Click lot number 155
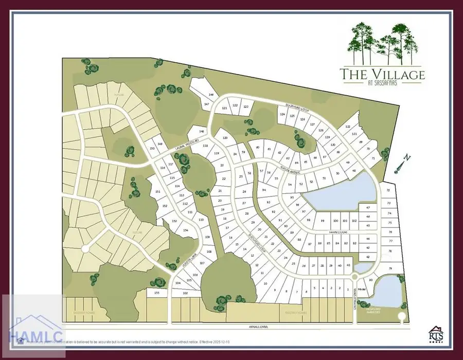[x=157, y=293]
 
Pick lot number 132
[x=348, y=127]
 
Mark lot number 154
[x=185, y=231]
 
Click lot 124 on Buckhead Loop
[x=282, y=115]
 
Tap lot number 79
[x=390, y=268]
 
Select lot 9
[x=275, y=291]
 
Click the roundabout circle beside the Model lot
[x=354, y=277]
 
